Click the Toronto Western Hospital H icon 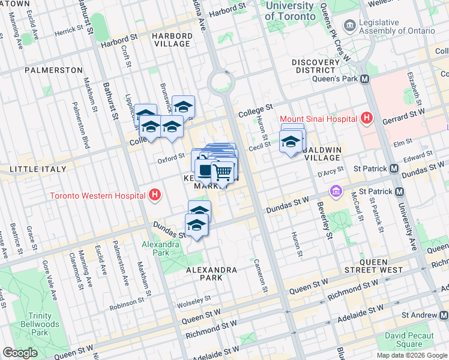155,196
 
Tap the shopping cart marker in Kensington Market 223,173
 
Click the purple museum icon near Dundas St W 336,192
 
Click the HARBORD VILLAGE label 172,40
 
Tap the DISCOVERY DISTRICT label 317,66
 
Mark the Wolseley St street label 194,298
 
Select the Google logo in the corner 20,353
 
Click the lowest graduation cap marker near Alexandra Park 196,226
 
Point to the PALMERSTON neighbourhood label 53,70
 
